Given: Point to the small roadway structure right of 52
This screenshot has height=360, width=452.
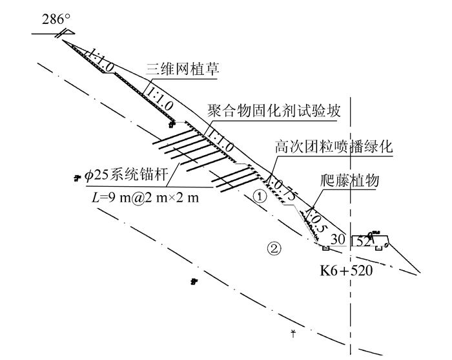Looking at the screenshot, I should pyautogui.click(x=378, y=239).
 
